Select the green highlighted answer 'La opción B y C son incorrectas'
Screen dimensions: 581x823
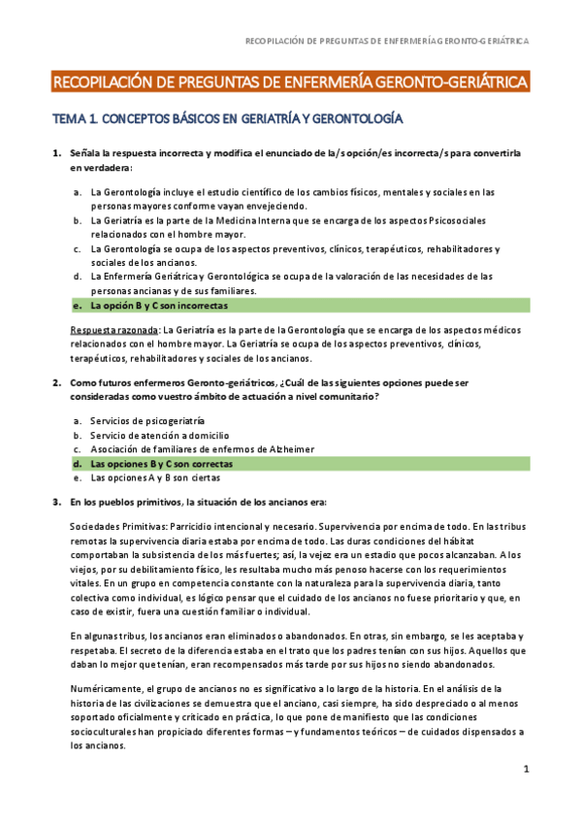(x=158, y=305)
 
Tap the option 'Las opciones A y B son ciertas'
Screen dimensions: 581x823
(x=155, y=477)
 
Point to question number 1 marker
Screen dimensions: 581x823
(x=55, y=154)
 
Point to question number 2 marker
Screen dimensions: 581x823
(x=55, y=382)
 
